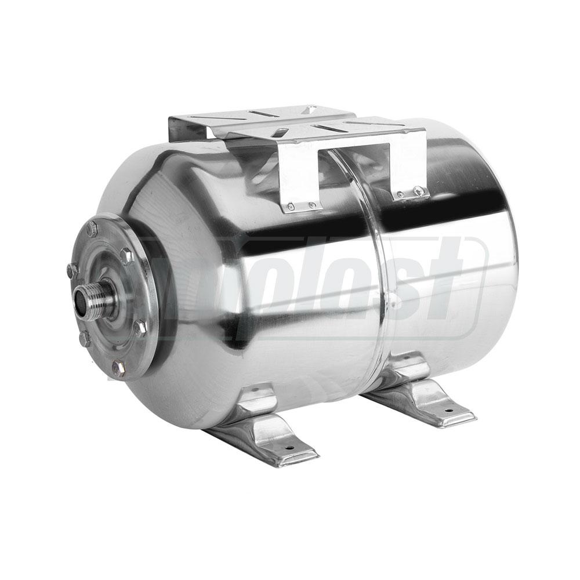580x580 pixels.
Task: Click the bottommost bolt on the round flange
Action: (x=119, y=367)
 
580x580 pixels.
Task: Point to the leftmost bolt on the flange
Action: (x=72, y=270)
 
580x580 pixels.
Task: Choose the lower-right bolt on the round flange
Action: (x=140, y=328)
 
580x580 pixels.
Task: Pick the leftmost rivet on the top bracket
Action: (x=292, y=206)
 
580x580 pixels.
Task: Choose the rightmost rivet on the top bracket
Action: (x=417, y=190)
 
